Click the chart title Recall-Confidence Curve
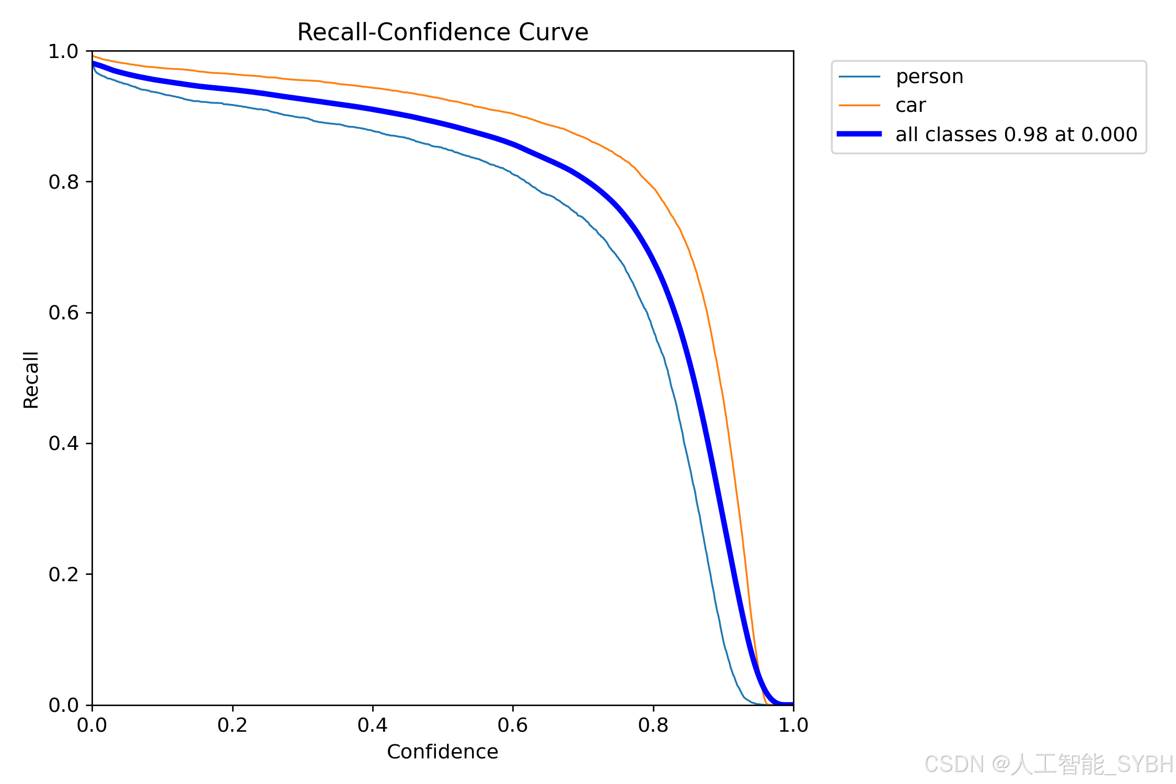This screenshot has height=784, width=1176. [443, 32]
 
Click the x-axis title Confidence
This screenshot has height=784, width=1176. [442, 752]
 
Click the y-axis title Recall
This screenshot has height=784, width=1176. [31, 380]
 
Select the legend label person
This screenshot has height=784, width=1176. [929, 77]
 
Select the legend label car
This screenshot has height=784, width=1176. [910, 106]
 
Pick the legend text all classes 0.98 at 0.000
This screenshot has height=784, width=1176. [1016, 135]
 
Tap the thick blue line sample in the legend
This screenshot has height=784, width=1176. [859, 134]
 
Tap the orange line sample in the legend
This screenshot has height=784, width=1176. [859, 106]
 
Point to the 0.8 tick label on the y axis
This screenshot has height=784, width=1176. [63, 182]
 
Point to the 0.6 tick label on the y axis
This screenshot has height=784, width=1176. [63, 313]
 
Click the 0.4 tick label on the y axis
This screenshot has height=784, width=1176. [63, 443]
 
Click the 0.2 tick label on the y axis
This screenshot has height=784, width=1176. [63, 574]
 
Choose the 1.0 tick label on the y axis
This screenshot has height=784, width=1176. [63, 51]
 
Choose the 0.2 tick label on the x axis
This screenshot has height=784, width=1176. [233, 725]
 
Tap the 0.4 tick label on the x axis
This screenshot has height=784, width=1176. [373, 725]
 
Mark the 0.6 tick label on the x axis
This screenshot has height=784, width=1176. [513, 725]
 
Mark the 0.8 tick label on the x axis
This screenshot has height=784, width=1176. [653, 725]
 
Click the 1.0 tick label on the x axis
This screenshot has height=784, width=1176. [793, 725]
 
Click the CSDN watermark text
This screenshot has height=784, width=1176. [1048, 764]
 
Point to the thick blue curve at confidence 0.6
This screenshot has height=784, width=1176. [513, 144]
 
